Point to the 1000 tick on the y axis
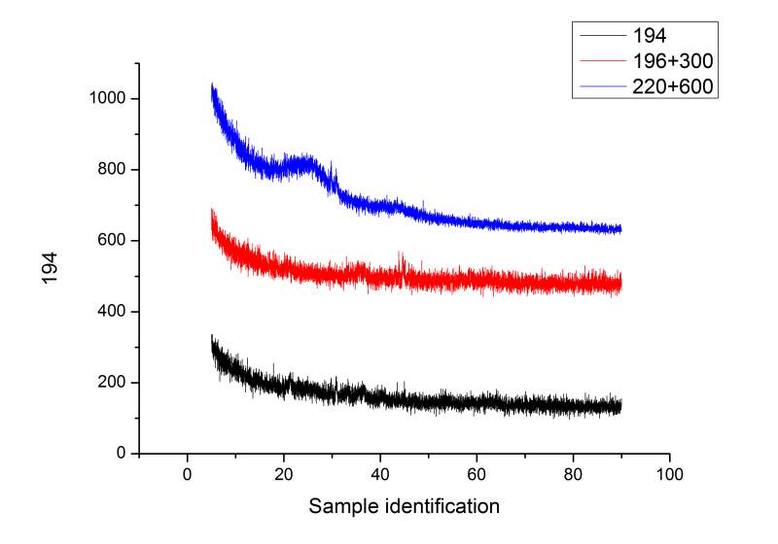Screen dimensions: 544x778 (112, 99)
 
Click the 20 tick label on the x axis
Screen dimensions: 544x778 (283, 476)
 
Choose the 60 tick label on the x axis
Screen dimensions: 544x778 (477, 476)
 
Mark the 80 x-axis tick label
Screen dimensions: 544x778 (573, 476)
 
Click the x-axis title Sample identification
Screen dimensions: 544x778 (404, 506)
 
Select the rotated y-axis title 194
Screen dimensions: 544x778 (51, 267)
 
